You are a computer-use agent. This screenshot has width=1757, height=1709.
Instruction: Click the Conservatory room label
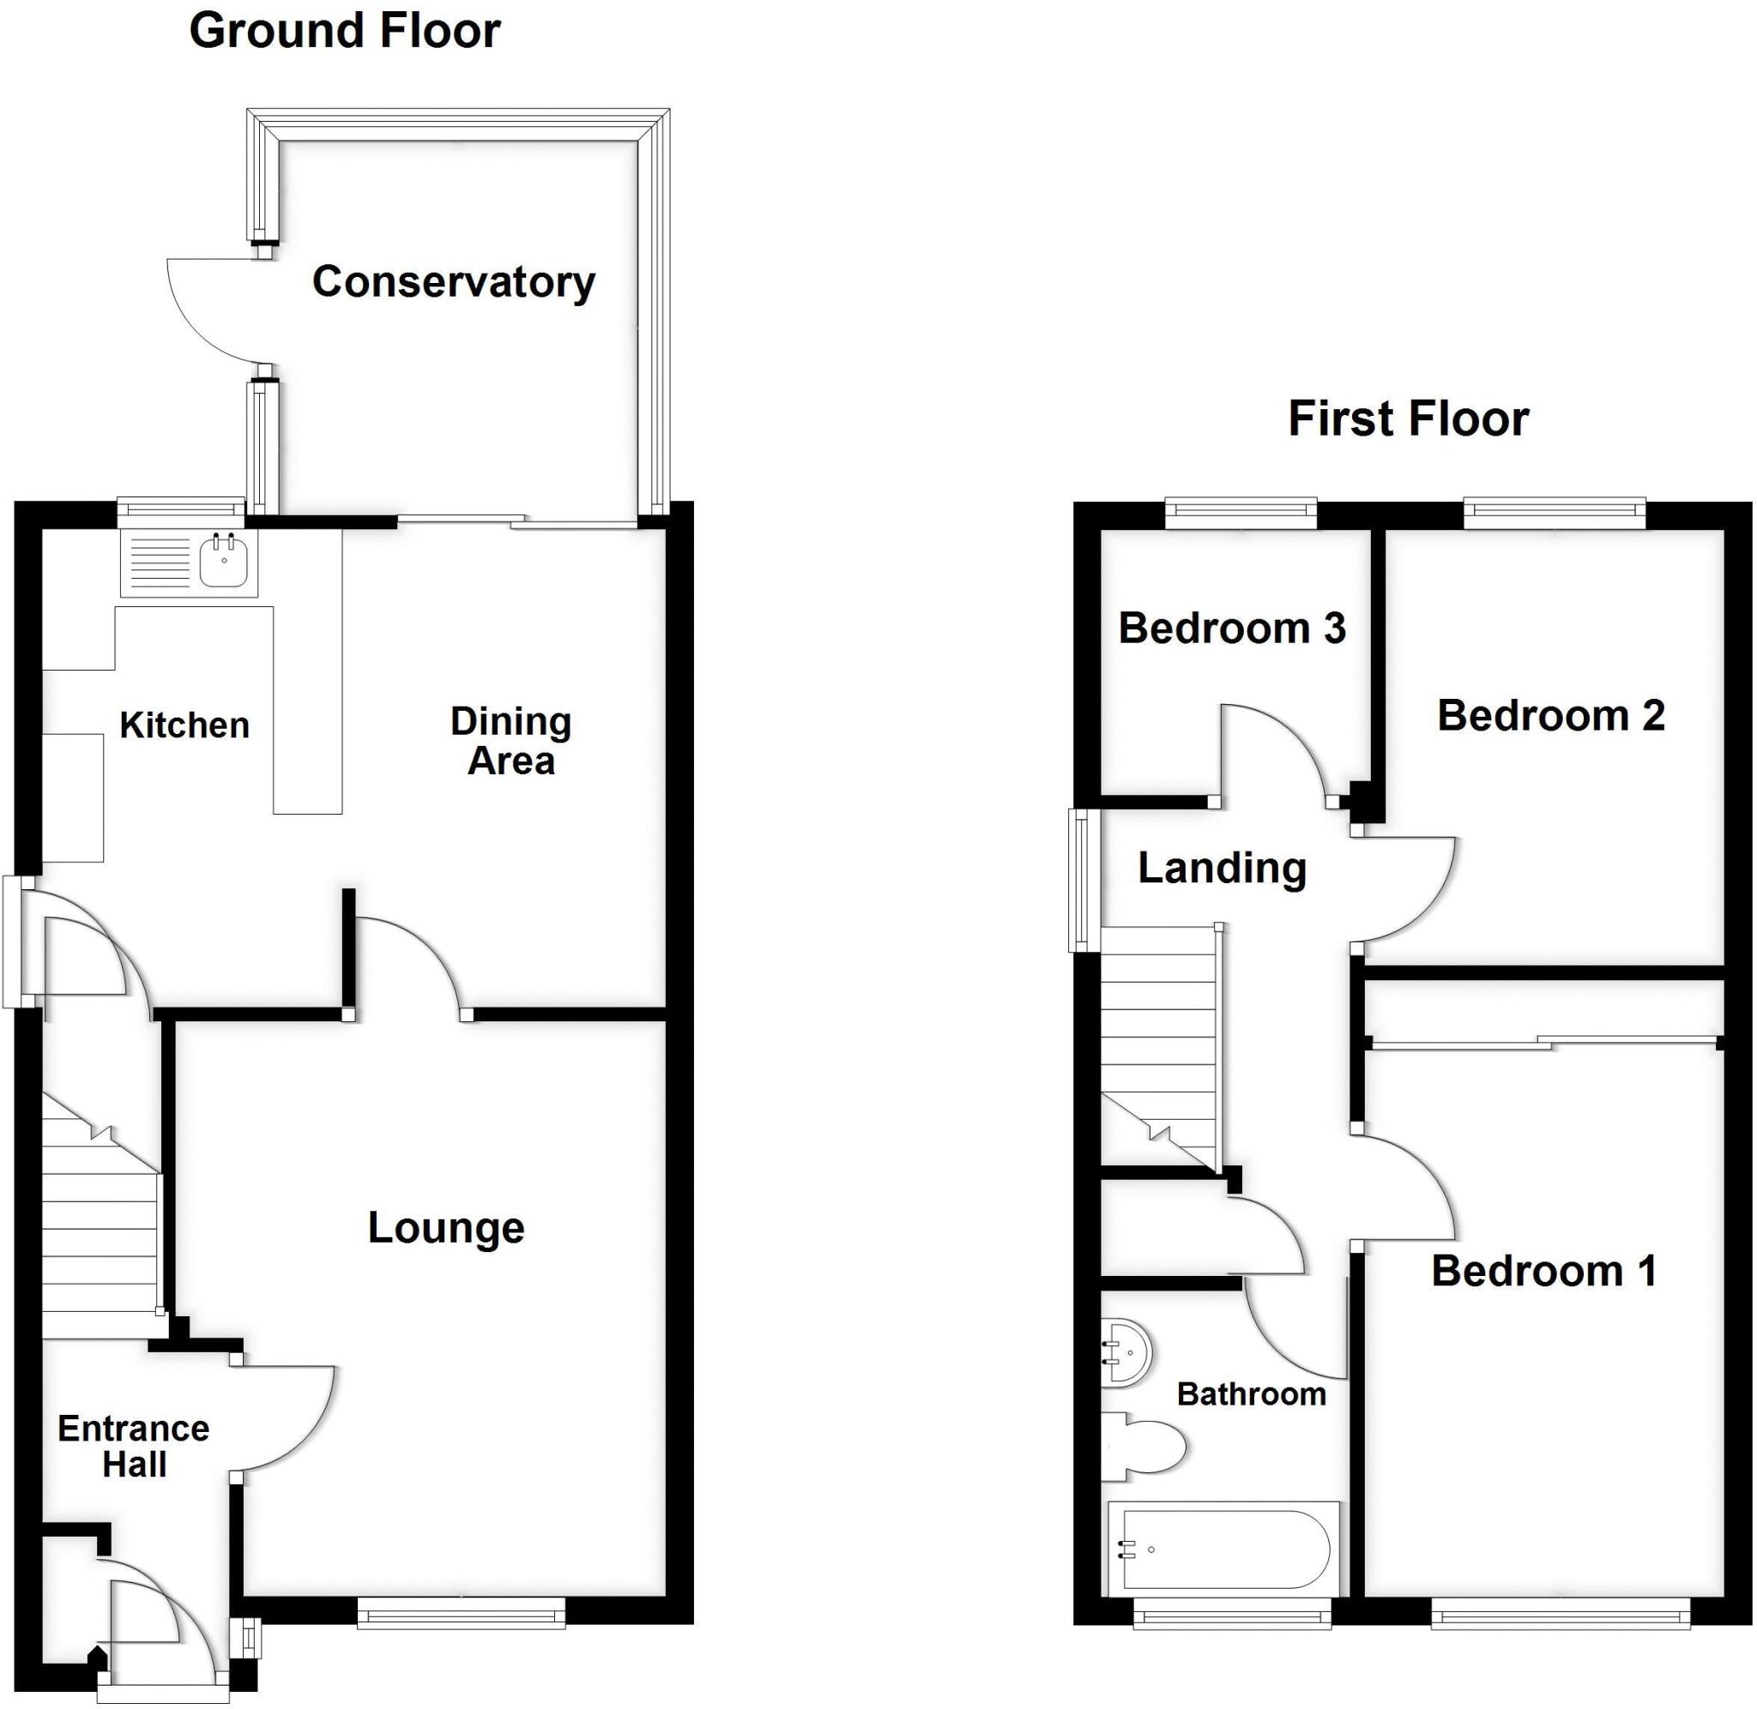453,282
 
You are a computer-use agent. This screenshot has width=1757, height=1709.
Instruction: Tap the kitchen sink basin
224,561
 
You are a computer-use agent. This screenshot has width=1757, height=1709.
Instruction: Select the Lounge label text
446,1228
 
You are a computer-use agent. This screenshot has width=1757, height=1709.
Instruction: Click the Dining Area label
510,742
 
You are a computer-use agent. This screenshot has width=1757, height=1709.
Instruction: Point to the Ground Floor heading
345,32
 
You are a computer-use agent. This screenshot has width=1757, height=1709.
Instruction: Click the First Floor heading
1408,419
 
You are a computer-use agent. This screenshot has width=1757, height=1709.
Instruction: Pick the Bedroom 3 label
1232,629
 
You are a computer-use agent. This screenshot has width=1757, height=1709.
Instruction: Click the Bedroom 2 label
1550,715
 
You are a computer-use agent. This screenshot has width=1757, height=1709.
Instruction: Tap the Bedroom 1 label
1543,1271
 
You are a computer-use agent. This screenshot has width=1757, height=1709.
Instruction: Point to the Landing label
1222,868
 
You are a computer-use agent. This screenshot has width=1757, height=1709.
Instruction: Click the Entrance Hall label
134,1446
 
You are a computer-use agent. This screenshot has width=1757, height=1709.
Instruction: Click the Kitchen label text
184,725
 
